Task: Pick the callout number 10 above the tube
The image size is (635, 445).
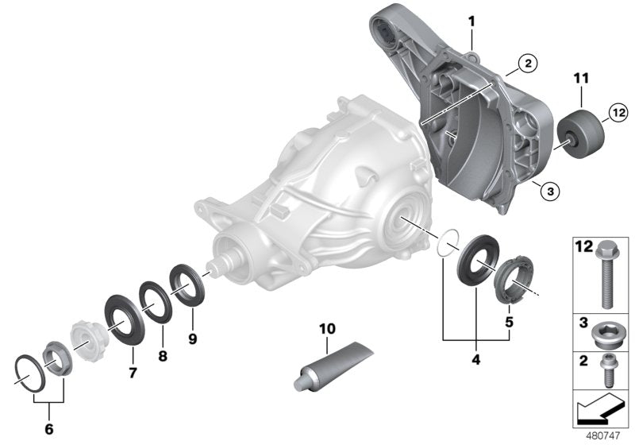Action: point(328,328)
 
